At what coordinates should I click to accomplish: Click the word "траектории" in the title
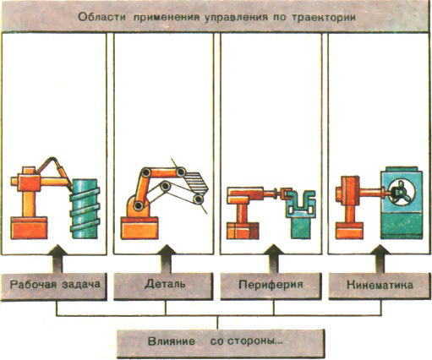(x=324, y=18)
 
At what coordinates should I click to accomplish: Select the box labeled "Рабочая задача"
(x=54, y=286)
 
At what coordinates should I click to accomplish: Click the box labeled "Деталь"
(x=163, y=286)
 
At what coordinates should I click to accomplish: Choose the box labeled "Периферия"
(x=271, y=285)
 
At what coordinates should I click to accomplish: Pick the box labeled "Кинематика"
(x=380, y=285)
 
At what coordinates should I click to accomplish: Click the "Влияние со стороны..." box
(x=221, y=343)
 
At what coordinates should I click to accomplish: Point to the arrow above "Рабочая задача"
(x=57, y=259)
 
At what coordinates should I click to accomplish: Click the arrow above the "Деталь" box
(x=166, y=259)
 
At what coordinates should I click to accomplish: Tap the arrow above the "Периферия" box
(x=273, y=259)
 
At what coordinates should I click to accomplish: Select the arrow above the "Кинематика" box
(x=380, y=259)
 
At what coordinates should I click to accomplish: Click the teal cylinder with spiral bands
(x=85, y=209)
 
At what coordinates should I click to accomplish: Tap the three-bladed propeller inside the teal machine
(x=399, y=193)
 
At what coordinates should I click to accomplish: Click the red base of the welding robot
(x=29, y=228)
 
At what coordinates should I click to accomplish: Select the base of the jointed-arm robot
(x=139, y=228)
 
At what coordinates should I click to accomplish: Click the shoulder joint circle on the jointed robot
(x=138, y=206)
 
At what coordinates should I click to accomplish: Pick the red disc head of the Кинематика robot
(x=347, y=191)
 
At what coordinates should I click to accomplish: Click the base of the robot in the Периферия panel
(x=243, y=231)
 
